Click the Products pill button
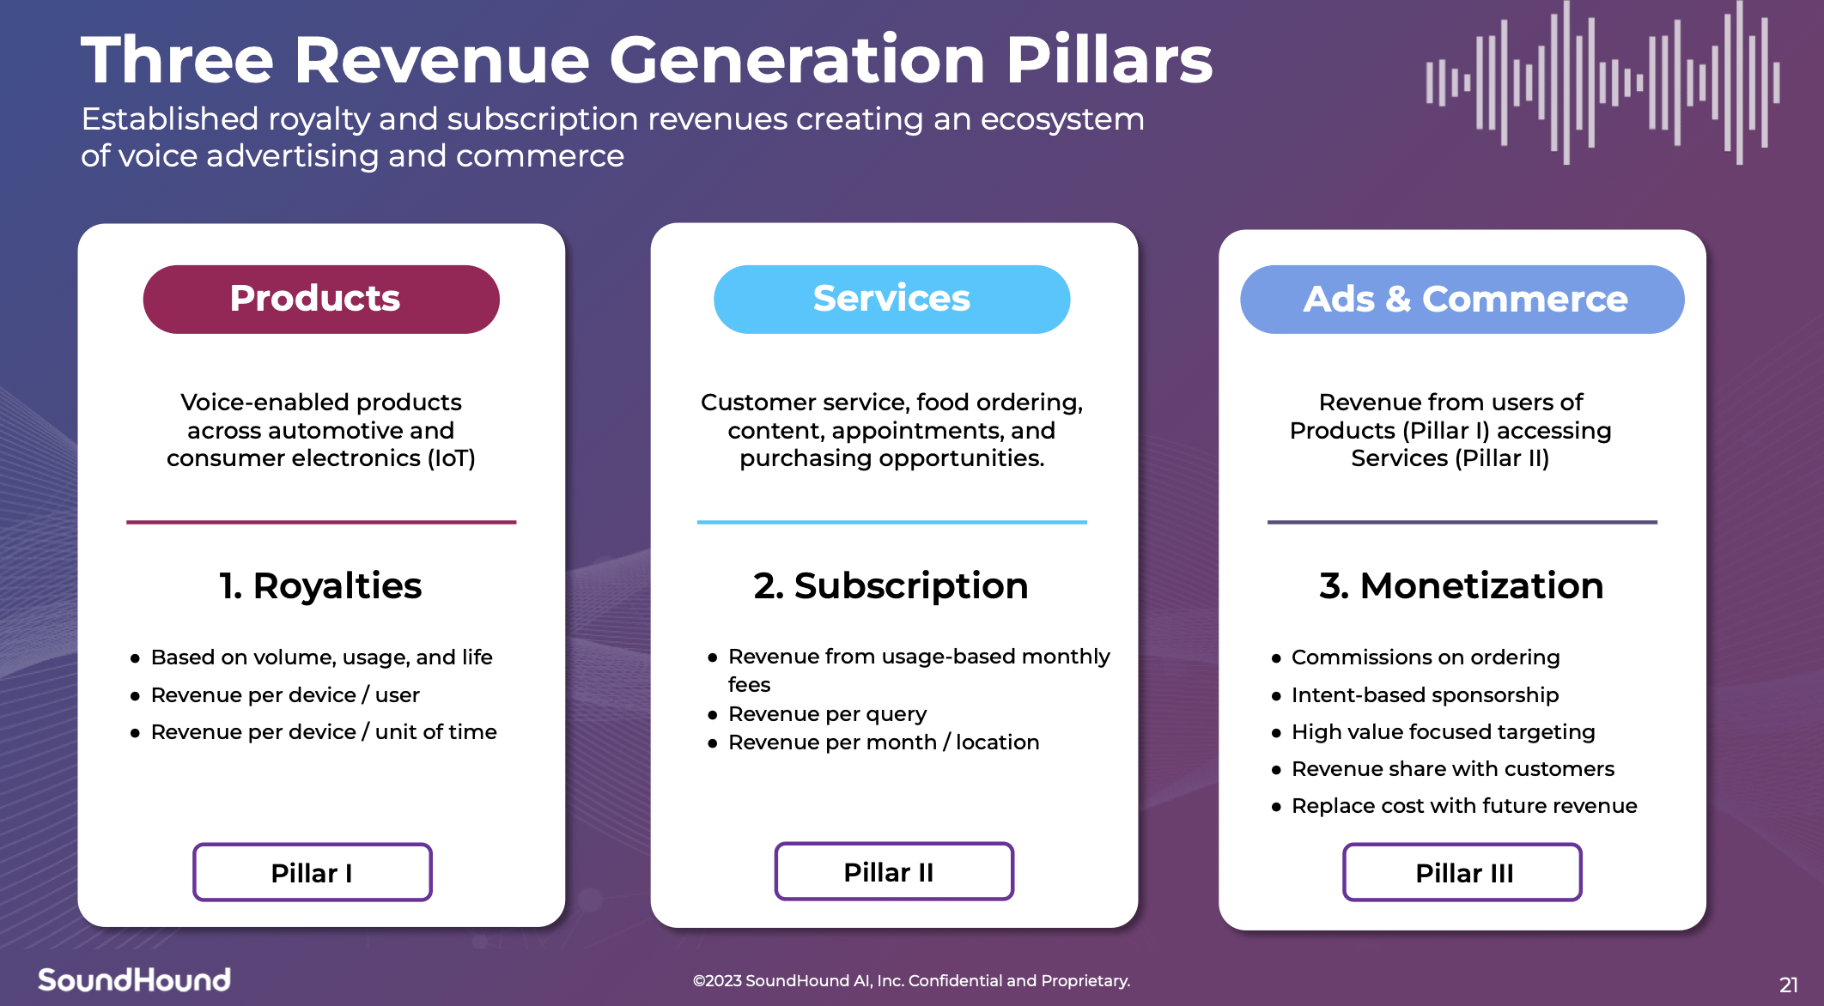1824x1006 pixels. [x=321, y=300]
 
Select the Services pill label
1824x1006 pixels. [x=891, y=300]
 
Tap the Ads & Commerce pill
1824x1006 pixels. [x=1462, y=300]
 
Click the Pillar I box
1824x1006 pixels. [x=313, y=872]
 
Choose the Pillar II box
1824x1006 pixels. [x=893, y=871]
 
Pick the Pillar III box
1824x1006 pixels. [x=1462, y=872]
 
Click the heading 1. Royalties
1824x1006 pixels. [x=320, y=586]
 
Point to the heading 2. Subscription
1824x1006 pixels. [x=891, y=586]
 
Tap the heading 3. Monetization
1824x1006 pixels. [x=1461, y=586]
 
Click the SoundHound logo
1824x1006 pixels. [x=135, y=979]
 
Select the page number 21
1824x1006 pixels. [x=1788, y=985]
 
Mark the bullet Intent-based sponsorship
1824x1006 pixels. [x=1425, y=694]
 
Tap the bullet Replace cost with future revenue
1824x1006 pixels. [x=1464, y=806]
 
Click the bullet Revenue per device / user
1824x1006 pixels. [x=285, y=694]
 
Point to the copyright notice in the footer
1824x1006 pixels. [x=911, y=980]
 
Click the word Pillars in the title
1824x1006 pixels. [x=1109, y=60]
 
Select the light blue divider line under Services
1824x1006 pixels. [x=891, y=522]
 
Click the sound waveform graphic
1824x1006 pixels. [x=1602, y=82]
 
